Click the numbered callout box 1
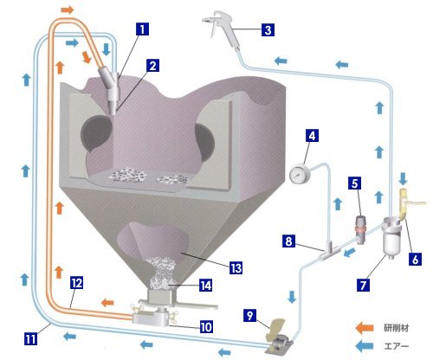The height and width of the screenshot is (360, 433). (x=142, y=29)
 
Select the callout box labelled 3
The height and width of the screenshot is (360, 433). (x=268, y=29)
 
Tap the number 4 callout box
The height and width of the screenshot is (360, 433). (x=312, y=136)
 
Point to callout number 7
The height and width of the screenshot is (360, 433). (x=363, y=285)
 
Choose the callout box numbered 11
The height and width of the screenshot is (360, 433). (x=30, y=338)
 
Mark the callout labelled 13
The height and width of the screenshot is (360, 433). (x=236, y=268)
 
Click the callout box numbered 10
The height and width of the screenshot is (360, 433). (x=206, y=327)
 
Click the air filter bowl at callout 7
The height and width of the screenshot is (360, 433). (x=391, y=239)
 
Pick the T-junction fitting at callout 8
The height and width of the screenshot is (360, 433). (x=330, y=251)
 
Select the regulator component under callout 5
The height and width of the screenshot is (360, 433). (x=360, y=230)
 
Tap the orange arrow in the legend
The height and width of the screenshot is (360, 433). (x=365, y=328)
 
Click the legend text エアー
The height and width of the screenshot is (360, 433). (x=397, y=346)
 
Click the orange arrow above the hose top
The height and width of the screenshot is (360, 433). (x=68, y=10)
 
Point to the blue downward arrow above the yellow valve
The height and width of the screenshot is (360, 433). (x=403, y=179)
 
